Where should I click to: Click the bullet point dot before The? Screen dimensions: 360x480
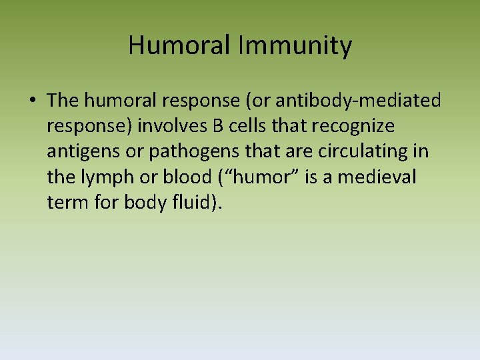pos(33,101)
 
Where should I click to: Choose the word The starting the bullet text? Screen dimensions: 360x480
pos(63,101)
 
